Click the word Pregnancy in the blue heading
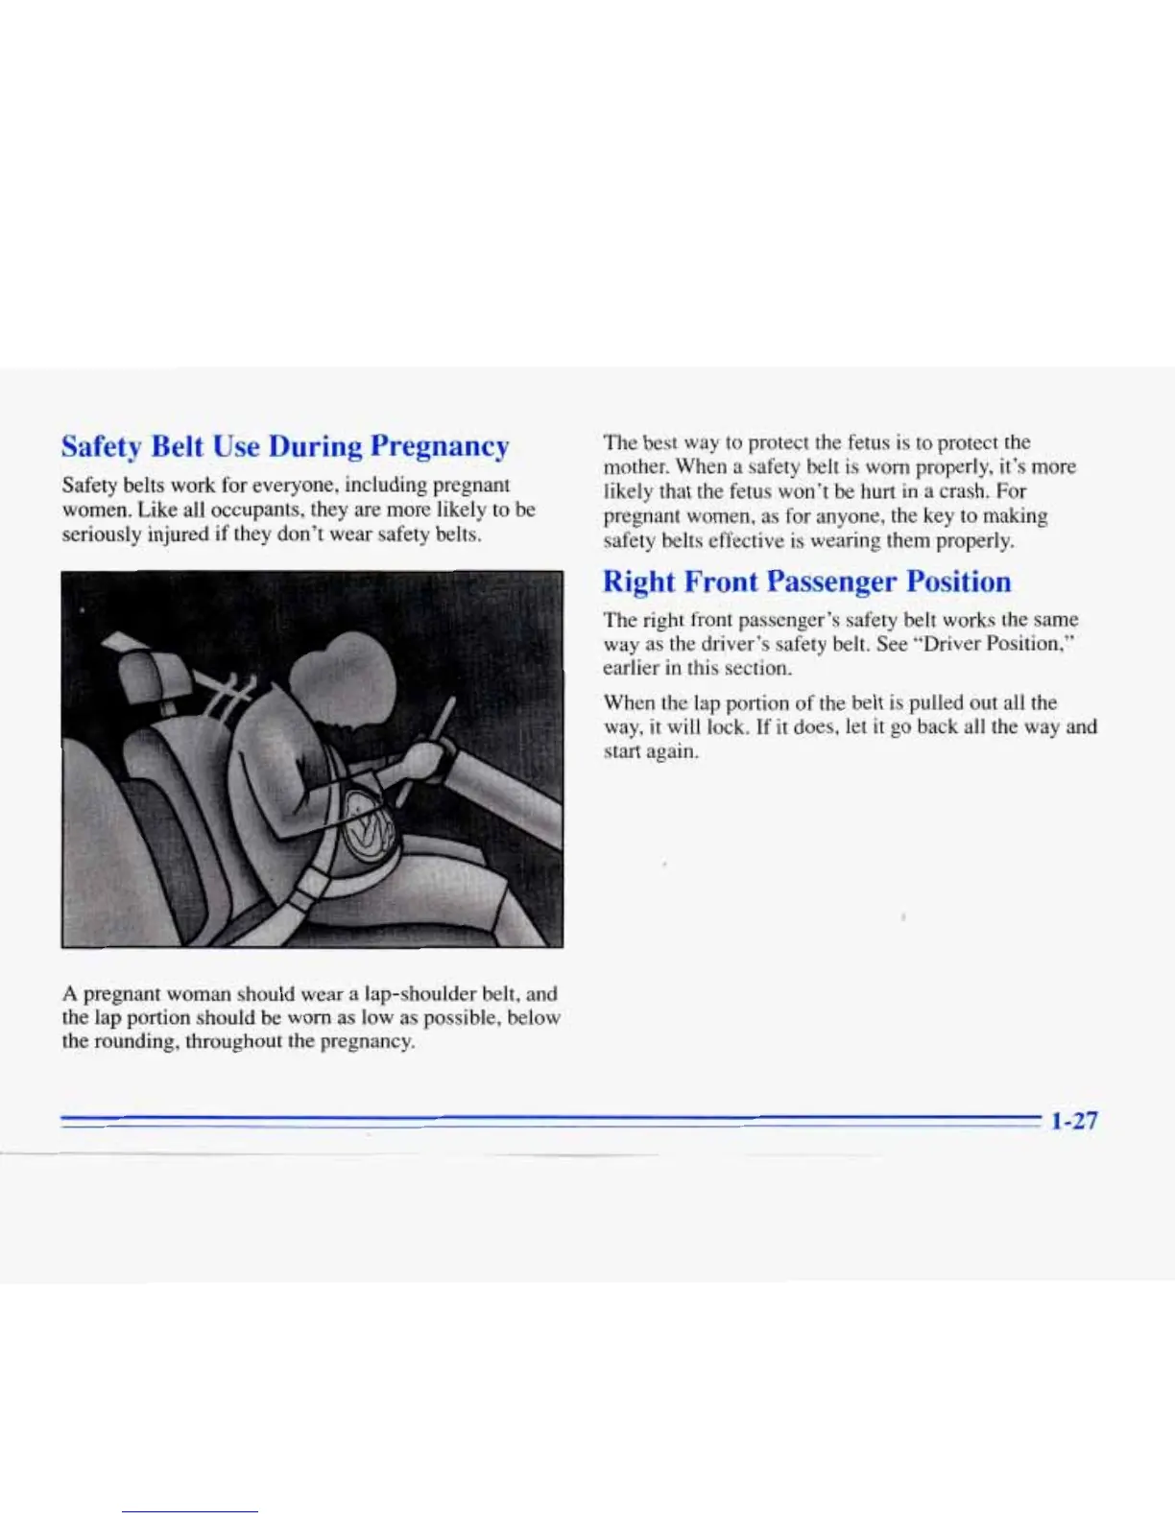tap(439, 447)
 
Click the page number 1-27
tap(1073, 1121)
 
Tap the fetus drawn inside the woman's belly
tap(370, 826)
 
